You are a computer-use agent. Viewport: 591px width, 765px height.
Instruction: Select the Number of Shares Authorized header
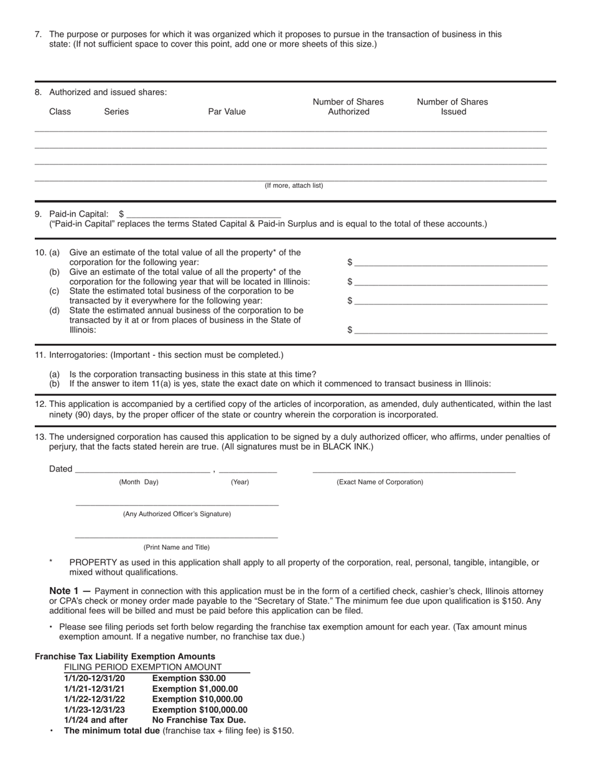pos(348,106)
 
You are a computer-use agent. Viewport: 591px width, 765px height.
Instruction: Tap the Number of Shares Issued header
pos(452,106)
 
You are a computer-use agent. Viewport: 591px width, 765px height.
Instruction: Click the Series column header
pos(116,112)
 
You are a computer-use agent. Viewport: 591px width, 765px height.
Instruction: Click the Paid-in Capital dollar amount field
pos(203,213)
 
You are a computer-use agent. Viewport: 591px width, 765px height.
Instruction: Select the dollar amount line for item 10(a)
pos(450,262)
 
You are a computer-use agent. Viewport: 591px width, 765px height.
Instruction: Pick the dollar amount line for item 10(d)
pos(450,330)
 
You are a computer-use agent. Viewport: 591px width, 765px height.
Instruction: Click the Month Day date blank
pos(142,469)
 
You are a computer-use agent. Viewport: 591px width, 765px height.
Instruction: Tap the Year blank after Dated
pos(248,469)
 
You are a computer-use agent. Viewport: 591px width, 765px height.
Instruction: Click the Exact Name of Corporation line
pos(414,469)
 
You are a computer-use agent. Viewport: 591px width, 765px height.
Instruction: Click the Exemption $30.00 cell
pos(189,679)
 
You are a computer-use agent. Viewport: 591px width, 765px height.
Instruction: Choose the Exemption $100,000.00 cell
pos(200,710)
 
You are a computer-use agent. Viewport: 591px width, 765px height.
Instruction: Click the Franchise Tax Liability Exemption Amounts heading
pos(125,657)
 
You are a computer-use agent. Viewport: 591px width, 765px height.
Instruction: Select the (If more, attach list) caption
pos(294,186)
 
